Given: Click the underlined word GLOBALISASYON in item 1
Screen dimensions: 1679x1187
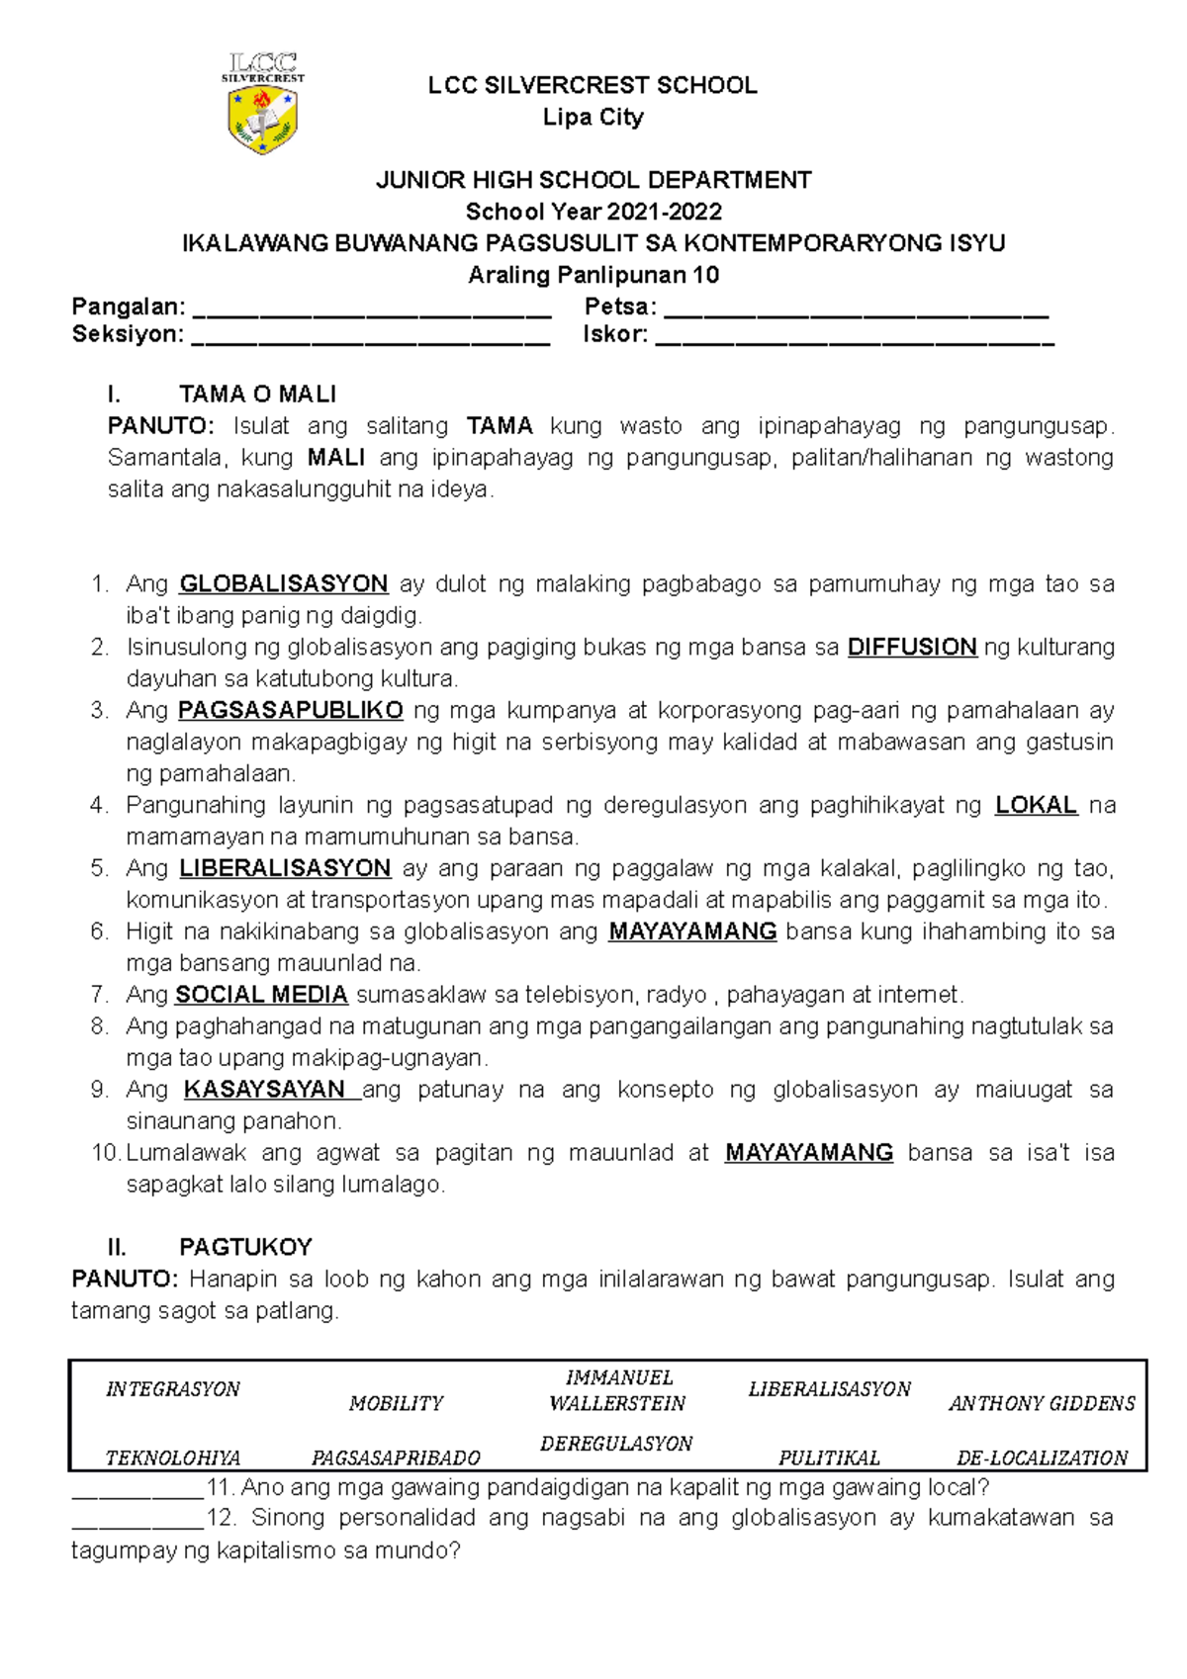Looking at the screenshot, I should [283, 584].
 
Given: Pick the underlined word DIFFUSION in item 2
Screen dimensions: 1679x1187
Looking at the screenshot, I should [912, 648].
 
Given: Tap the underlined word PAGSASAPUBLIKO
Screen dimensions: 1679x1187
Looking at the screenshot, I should [291, 711].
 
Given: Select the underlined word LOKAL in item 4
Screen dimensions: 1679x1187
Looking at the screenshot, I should [1036, 806].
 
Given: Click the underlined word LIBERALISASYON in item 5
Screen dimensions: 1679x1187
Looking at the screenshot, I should [285, 869].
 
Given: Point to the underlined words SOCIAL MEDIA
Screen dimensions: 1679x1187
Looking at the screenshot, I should [262, 995].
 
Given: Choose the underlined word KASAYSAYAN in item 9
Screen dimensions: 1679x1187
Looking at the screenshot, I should [264, 1090].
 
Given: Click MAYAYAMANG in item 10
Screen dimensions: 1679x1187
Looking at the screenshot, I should [809, 1153].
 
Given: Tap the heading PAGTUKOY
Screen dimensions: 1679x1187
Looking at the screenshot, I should [245, 1247].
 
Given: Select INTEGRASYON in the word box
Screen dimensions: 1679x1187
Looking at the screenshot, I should [173, 1389].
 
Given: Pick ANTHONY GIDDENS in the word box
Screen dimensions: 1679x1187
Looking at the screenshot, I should [1042, 1404].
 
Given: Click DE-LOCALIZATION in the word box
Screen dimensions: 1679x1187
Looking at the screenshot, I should [1042, 1458].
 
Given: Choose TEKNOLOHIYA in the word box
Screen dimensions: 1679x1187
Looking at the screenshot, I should [173, 1458].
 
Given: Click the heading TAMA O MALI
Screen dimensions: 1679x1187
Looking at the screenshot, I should [257, 395].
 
